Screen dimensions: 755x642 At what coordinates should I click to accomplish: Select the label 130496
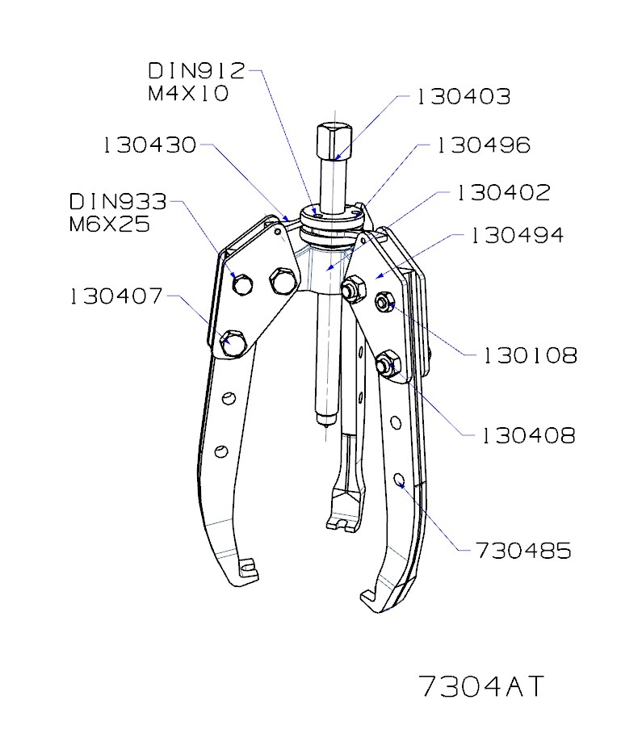click(x=483, y=145)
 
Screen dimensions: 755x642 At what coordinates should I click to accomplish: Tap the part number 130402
click(x=503, y=193)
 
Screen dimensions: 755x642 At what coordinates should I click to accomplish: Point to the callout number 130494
click(x=517, y=235)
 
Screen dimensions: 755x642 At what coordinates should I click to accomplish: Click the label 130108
click(x=530, y=355)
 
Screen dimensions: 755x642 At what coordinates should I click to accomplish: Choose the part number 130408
click(x=529, y=436)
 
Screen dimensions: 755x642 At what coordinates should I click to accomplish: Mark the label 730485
click(x=523, y=551)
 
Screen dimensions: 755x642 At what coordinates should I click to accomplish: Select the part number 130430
click(x=150, y=145)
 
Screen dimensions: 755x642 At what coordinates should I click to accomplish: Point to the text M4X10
click(x=188, y=94)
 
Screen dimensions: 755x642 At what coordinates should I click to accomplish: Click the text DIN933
click(x=118, y=201)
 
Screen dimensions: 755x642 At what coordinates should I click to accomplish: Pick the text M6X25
click(x=110, y=224)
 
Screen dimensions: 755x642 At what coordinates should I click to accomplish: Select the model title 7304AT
click(x=482, y=686)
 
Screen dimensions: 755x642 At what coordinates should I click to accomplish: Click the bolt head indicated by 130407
click(x=232, y=342)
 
